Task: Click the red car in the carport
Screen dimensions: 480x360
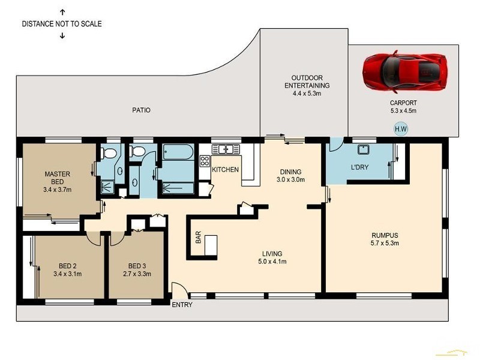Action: [404, 72]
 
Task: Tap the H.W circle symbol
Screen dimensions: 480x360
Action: [401, 129]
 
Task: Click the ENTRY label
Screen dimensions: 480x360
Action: [182, 305]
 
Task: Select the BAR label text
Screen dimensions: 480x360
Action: [198, 237]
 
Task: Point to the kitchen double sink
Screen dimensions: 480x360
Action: [226, 149]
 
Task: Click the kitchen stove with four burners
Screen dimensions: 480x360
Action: [205, 161]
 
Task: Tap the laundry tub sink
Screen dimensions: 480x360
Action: [364, 149]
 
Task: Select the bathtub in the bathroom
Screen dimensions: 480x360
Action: [178, 152]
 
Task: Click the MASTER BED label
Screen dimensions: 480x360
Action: [57, 178]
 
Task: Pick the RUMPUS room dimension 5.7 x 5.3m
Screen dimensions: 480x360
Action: [385, 244]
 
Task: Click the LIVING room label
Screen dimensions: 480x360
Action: [272, 254]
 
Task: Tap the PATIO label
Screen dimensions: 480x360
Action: [142, 110]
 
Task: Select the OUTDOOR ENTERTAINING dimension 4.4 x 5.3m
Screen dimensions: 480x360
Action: [307, 94]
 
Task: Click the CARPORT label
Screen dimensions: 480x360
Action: [403, 103]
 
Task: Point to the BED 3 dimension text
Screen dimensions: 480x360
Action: [137, 274]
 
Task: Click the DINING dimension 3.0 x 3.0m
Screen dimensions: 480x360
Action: [291, 179]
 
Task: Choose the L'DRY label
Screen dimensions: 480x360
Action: [359, 167]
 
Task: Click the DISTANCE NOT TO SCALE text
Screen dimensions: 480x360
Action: [62, 24]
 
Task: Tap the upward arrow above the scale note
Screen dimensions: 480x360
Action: [62, 12]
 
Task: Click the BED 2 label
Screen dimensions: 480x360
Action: [68, 266]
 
